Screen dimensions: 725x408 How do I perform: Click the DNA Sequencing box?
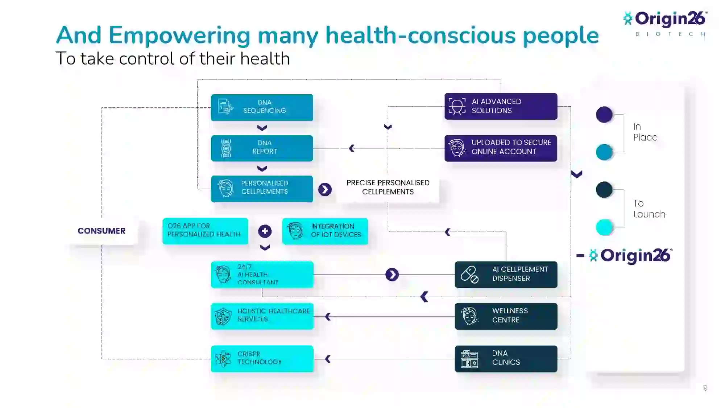click(x=262, y=107)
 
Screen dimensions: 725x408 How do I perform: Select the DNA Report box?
click(x=262, y=148)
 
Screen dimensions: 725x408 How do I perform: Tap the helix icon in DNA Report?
click(x=226, y=148)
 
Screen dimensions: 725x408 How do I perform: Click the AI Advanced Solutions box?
click(x=501, y=106)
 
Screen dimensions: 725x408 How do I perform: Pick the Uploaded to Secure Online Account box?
click(x=501, y=148)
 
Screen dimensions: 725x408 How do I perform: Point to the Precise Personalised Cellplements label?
click(x=388, y=187)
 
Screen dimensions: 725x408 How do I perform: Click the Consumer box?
click(x=101, y=231)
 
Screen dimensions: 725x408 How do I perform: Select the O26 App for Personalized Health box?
click(x=205, y=231)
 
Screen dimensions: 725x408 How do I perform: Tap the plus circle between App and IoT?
click(x=265, y=231)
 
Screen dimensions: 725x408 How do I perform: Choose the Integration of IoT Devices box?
click(x=325, y=231)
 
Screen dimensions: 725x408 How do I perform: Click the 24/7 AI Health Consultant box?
click(x=262, y=275)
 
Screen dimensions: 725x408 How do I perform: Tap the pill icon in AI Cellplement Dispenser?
click(x=469, y=275)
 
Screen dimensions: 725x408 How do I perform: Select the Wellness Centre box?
click(x=506, y=316)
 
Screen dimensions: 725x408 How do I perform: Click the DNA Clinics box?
click(x=506, y=359)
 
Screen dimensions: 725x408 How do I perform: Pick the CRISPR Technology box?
click(x=262, y=359)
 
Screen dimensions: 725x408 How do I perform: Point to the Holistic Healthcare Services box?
click(x=262, y=316)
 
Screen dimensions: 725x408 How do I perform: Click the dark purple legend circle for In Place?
click(x=604, y=115)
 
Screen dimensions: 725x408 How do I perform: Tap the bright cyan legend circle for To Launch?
click(x=604, y=227)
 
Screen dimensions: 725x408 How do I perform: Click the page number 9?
click(x=705, y=388)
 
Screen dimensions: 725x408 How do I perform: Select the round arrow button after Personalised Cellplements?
click(x=325, y=189)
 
